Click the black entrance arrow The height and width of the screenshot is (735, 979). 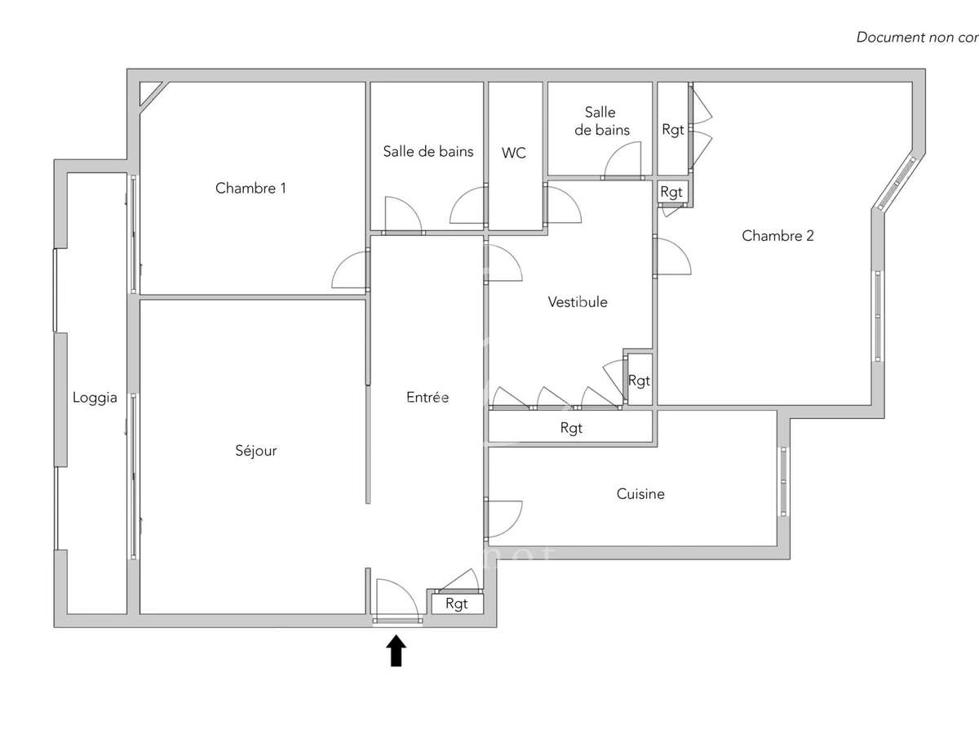396,652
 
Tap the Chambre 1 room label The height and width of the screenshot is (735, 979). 250,188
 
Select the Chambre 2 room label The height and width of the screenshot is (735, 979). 777,236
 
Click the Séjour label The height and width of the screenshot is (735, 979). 256,450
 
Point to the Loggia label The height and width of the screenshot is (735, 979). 95,399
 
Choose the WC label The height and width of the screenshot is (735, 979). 514,153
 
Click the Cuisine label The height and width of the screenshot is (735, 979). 640,494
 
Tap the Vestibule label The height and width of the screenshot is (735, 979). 578,302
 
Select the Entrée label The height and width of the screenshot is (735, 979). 427,398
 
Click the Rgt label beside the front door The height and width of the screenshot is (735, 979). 457,604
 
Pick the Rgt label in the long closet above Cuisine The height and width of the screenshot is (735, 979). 572,428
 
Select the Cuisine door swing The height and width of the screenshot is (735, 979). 503,518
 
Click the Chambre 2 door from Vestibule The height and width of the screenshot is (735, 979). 671,255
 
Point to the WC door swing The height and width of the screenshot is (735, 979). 561,204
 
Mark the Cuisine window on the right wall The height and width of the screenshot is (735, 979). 783,482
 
